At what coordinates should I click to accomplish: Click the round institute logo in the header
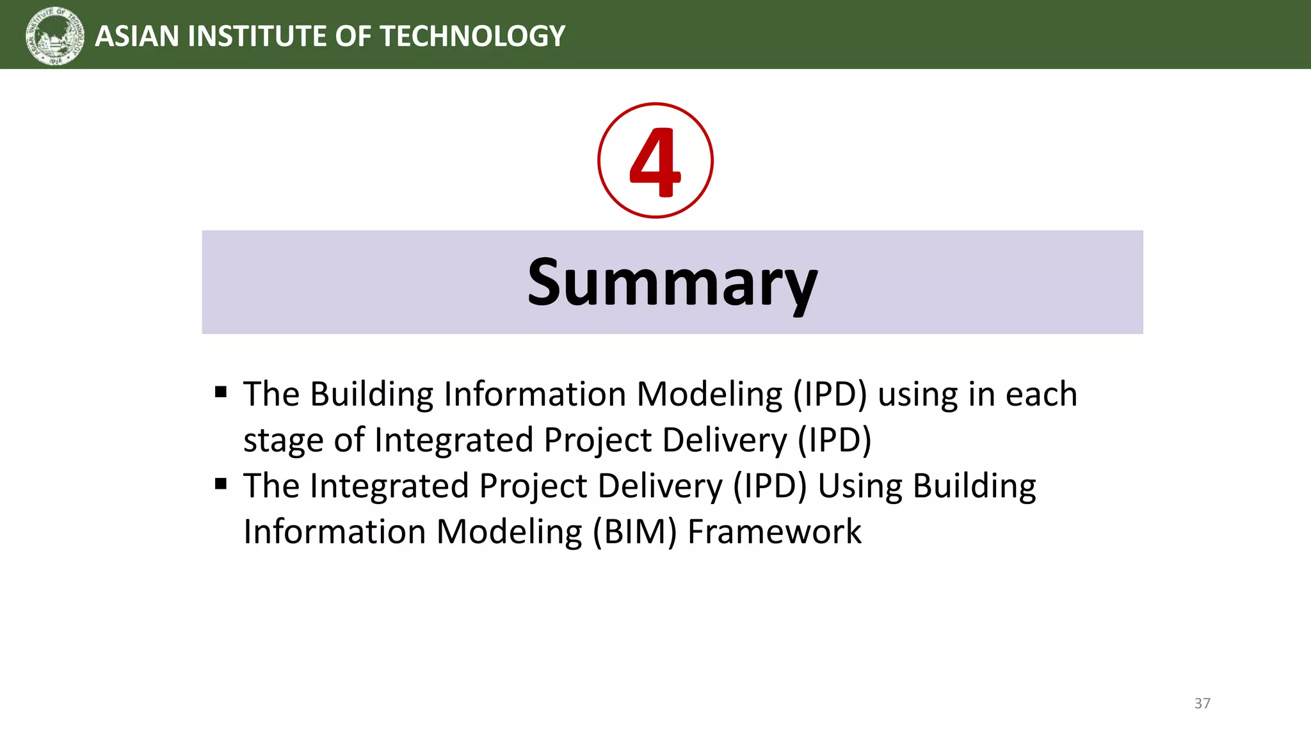coord(55,36)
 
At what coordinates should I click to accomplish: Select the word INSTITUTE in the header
coord(257,36)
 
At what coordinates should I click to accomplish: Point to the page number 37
coord(1202,703)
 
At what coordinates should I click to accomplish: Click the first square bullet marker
coord(221,392)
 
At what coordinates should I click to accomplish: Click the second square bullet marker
coord(221,484)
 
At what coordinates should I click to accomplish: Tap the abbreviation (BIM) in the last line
coord(634,532)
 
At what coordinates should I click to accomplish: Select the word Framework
coord(774,532)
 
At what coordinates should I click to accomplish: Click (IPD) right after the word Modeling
coord(830,394)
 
